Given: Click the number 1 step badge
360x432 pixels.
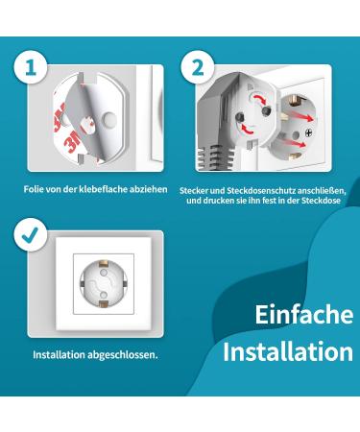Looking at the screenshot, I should click(32, 68).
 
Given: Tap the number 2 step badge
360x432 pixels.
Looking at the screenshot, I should click(198, 68).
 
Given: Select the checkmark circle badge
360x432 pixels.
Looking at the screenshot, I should click(32, 234).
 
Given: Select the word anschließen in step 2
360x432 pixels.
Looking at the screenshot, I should click(314, 189).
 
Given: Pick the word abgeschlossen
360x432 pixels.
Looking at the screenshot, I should click(122, 354).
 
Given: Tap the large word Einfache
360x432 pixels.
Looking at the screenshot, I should click(304, 316).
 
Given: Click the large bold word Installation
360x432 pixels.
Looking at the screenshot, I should click(288, 351).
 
